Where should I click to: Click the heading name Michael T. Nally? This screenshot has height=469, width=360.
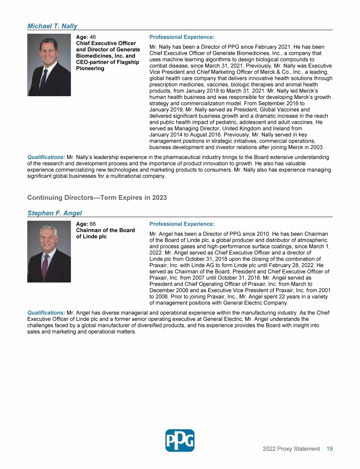tap(52, 26)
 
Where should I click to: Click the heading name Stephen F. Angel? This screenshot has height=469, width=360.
tap(54, 213)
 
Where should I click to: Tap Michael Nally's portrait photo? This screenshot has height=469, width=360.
tap(49, 65)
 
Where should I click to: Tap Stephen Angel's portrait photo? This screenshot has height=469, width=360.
tap(49, 251)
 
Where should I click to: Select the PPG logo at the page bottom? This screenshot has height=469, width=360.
tap(180, 440)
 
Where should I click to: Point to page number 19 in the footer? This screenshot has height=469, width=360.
tap(330, 449)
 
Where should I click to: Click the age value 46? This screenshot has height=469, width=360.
tap(93, 37)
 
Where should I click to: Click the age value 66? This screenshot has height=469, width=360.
tap(93, 224)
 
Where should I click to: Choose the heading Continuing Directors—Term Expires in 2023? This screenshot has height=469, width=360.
tap(97, 197)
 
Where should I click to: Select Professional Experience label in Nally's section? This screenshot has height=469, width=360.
tap(181, 37)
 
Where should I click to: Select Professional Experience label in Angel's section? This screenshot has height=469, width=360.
tap(181, 224)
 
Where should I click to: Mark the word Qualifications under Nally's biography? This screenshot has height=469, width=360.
tap(46, 157)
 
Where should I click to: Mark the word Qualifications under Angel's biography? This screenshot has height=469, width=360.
tap(46, 312)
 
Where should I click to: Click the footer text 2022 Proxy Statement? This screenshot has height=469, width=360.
tap(291, 449)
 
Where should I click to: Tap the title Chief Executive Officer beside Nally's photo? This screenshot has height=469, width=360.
tap(105, 43)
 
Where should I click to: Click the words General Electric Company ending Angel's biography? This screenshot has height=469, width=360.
tap(252, 303)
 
